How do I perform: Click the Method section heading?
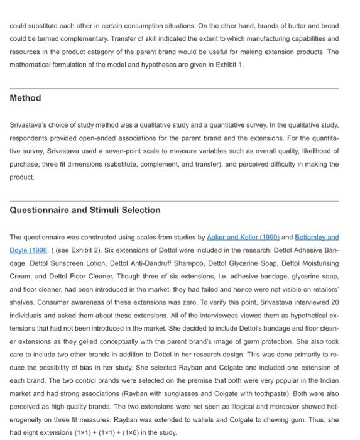tap(26, 98)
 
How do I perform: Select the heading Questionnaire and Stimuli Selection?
tap(85, 210)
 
